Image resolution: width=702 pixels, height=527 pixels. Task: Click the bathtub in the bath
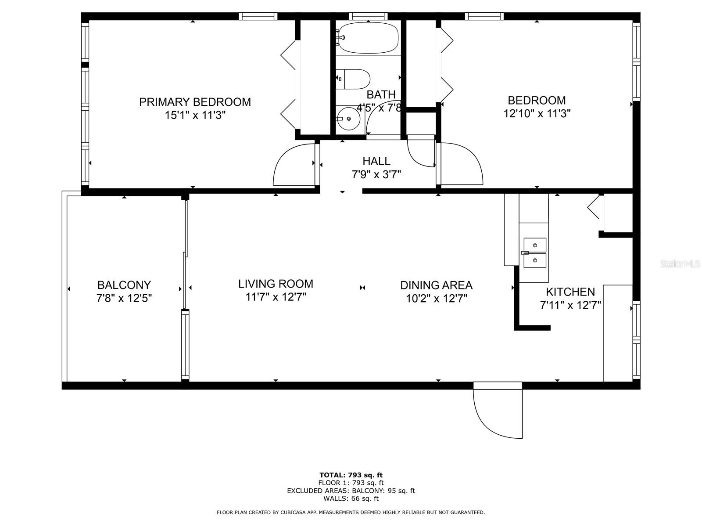368,38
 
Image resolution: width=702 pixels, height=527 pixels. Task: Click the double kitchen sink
534,253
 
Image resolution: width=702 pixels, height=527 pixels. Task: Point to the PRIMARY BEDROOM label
195,102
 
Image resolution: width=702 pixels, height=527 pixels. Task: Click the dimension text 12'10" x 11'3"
537,114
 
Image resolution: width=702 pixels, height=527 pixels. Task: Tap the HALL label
376,161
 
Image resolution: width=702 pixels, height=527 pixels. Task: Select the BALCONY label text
124,285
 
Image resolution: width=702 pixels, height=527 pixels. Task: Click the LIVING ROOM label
276,284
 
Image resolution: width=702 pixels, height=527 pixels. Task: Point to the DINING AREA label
437,285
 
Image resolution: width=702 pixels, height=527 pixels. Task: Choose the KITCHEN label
570,292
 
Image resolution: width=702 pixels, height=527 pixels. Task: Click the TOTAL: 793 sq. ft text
351,475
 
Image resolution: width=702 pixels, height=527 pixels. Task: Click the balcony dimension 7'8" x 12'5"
124,298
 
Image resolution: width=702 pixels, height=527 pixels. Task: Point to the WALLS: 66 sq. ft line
351,498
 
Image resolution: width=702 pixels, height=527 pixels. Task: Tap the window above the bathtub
368,16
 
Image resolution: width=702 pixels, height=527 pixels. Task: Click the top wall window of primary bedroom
258,16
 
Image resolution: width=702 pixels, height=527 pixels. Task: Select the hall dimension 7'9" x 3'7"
376,175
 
